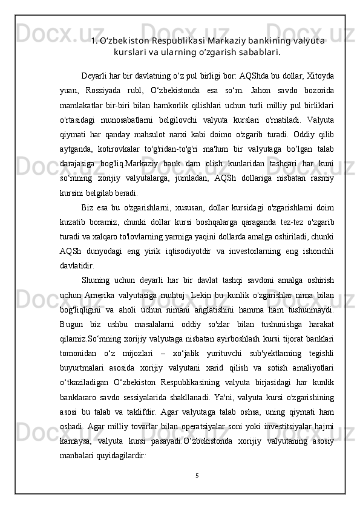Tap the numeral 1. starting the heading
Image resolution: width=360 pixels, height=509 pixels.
click(94, 41)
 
